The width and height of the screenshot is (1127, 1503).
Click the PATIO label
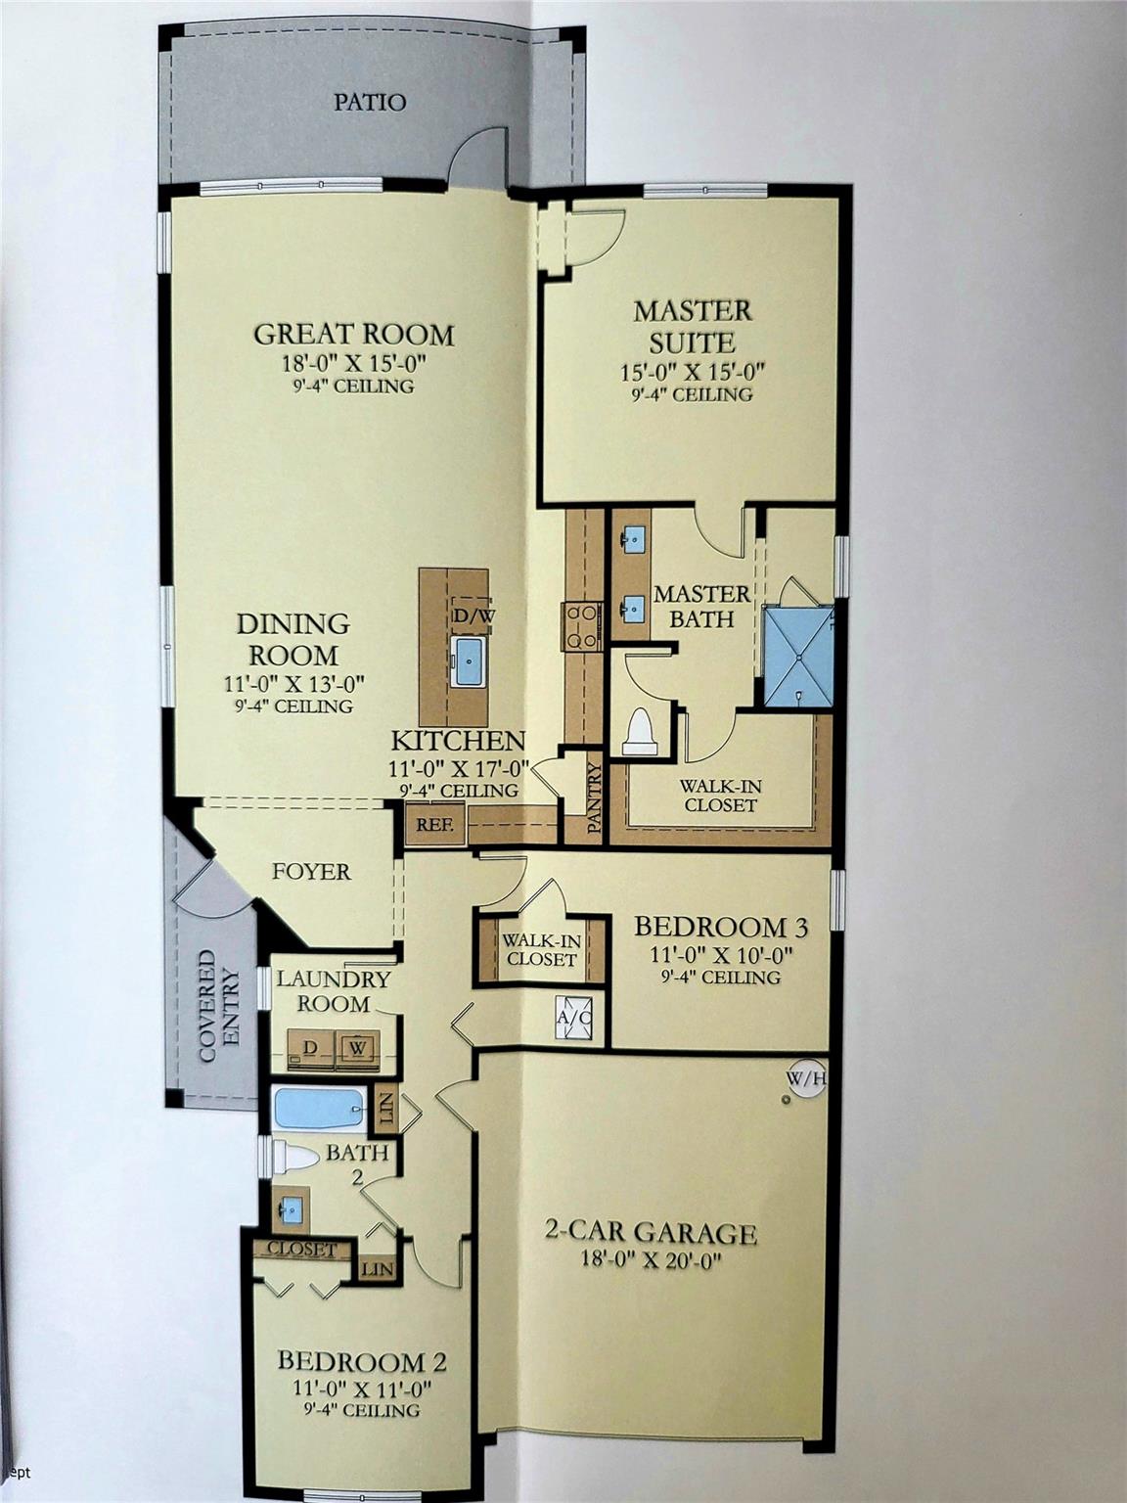pyautogui.click(x=370, y=103)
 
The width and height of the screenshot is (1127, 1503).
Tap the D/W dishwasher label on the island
pyautogui.click(x=473, y=615)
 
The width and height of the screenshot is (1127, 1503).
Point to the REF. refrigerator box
pyautogui.click(x=435, y=824)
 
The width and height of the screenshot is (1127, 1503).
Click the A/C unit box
pyautogui.click(x=573, y=1018)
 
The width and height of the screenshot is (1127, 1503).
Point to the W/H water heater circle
pyautogui.click(x=807, y=1080)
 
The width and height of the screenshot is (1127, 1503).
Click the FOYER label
pyautogui.click(x=311, y=872)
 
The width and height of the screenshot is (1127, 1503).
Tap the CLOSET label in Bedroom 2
pyautogui.click(x=301, y=1249)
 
